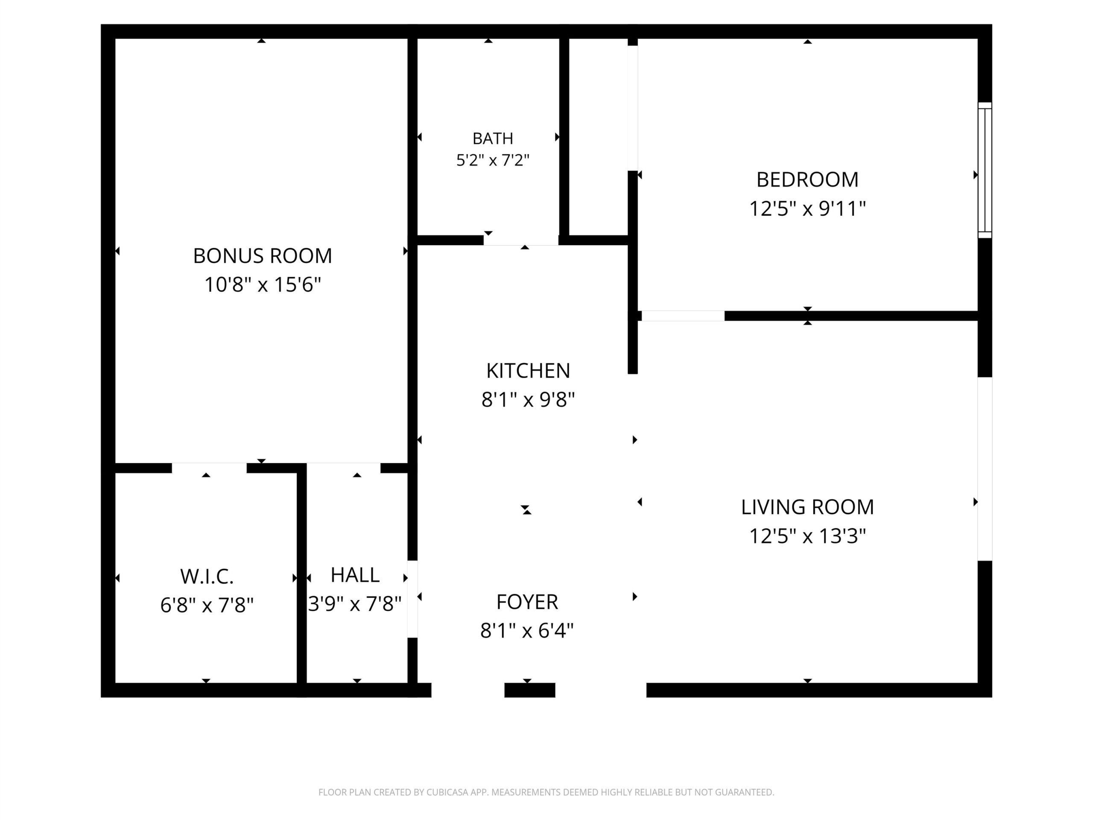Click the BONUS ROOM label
(x=263, y=256)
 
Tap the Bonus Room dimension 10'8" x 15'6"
(x=263, y=285)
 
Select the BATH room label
(x=493, y=138)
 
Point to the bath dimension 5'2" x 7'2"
(x=493, y=160)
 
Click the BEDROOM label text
(x=807, y=179)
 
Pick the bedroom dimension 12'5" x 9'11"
(x=807, y=208)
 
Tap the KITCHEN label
(x=528, y=371)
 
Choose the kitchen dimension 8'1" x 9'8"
(x=528, y=399)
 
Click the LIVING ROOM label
(x=807, y=507)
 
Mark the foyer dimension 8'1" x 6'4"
(x=527, y=631)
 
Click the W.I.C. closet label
(x=207, y=576)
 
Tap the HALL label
(x=355, y=575)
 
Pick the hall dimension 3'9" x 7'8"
(x=355, y=603)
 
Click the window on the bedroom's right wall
(x=985, y=170)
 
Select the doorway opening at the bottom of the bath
(x=521, y=240)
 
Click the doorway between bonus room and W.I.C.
(x=209, y=468)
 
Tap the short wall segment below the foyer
(x=530, y=690)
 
